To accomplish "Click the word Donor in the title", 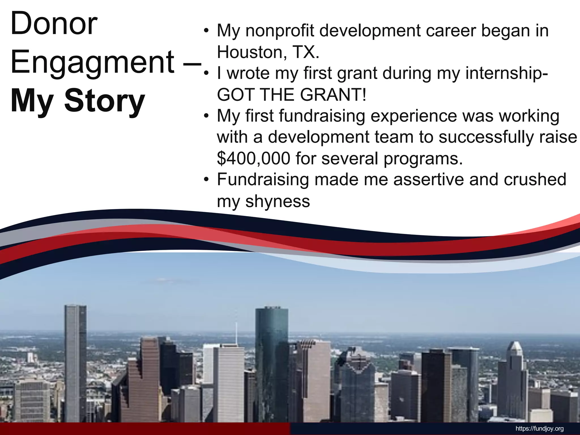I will coord(54,24).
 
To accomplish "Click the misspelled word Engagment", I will coord(92,62).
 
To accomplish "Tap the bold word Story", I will coord(105,101).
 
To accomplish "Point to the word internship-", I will coord(507,73).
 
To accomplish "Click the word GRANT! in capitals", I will coord(333,95).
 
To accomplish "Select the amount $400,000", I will coord(253,158).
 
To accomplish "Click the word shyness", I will coord(278,201).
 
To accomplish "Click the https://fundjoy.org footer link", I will coord(540,428).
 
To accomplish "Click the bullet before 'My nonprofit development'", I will coord(206,31).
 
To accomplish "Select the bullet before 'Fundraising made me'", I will coord(206,180).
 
